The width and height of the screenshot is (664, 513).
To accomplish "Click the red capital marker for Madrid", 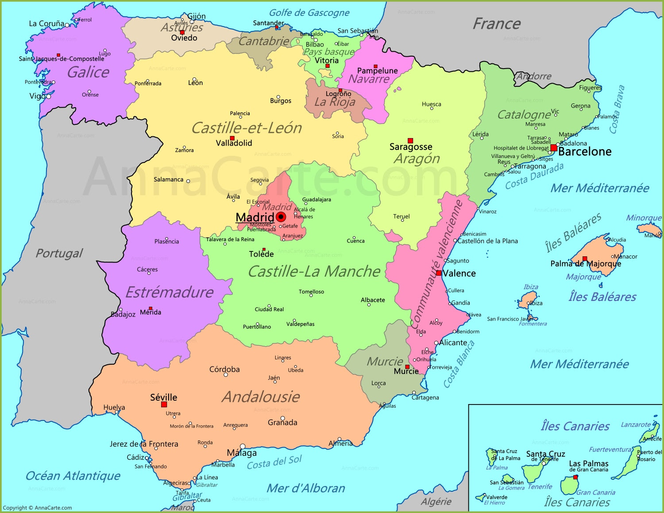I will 281,217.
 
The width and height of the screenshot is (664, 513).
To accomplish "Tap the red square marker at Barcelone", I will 554,148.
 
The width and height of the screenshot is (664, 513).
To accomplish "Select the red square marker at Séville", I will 164,405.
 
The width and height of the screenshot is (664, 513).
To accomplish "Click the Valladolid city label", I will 234,143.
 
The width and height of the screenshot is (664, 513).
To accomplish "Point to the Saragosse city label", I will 411,147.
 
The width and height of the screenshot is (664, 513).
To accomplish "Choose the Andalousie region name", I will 261,397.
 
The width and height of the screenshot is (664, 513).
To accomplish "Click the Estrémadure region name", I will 170,292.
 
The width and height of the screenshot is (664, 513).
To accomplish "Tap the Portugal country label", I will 59,253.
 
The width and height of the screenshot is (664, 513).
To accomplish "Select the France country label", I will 497,23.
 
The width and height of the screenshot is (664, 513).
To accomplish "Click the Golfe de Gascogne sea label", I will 309,13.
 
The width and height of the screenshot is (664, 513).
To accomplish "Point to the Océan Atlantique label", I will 73,476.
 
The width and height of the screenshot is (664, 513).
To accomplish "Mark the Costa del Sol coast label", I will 274,463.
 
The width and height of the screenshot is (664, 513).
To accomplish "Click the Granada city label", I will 282,423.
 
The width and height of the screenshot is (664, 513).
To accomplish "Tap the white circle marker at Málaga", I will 243,446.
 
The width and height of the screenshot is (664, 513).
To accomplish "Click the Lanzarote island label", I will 636,424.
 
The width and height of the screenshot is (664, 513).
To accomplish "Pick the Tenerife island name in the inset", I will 540,487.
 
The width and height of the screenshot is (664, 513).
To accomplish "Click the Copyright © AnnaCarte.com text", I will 38,508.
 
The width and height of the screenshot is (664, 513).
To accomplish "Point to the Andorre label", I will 534,76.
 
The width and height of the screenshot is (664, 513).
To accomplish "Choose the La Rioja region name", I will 335,102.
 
